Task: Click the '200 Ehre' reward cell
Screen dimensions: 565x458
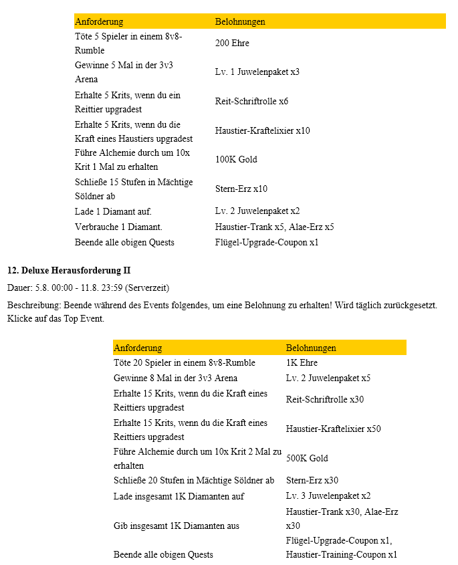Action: click(x=232, y=43)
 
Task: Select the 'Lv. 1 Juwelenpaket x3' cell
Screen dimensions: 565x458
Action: click(x=257, y=72)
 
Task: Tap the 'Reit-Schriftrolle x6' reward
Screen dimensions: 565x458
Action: click(x=251, y=102)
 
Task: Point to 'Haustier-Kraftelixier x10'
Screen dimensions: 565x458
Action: click(x=262, y=131)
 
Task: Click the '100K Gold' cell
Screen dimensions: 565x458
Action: click(x=236, y=160)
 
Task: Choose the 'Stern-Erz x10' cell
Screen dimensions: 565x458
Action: click(x=241, y=189)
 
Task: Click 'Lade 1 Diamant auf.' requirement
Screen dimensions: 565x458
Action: click(x=113, y=211)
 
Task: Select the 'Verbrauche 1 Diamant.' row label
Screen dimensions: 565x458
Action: click(x=118, y=227)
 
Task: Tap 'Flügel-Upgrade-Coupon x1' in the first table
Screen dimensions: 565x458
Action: click(x=266, y=242)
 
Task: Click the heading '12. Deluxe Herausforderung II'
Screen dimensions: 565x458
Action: click(x=69, y=271)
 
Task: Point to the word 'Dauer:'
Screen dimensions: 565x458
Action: click(x=19, y=288)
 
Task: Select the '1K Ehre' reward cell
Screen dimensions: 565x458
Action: click(x=302, y=363)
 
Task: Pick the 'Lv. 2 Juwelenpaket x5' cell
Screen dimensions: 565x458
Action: click(x=328, y=378)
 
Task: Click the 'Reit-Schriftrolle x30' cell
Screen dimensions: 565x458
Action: click(x=324, y=400)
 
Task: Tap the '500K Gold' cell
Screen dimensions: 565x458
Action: click(x=307, y=459)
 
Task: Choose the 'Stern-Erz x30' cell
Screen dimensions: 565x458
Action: click(x=312, y=480)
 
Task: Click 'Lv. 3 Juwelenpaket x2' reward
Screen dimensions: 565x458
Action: click(x=328, y=496)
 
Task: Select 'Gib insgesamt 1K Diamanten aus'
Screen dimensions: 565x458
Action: click(x=176, y=526)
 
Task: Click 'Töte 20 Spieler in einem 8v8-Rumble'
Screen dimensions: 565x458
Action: click(x=184, y=363)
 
